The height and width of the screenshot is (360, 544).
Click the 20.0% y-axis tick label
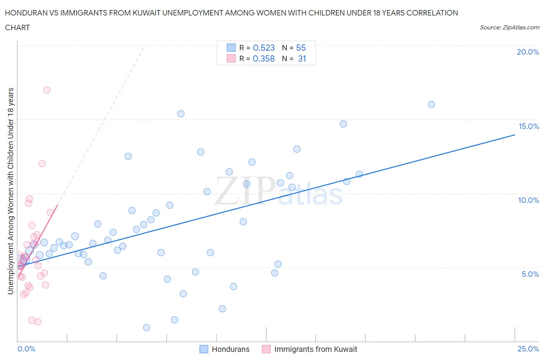528,52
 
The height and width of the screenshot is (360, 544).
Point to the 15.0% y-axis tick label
529,126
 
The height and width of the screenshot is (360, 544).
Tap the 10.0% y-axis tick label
529,200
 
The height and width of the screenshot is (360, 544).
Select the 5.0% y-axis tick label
530,274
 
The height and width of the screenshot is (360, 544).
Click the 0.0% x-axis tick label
26,349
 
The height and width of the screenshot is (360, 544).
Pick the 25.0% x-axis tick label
528,349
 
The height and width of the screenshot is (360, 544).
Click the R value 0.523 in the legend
263,48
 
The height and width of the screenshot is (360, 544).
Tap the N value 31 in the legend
302,58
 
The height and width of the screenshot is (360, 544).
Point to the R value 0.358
263,58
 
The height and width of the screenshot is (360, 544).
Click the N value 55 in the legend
301,48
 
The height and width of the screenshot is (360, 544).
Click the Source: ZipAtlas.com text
509,27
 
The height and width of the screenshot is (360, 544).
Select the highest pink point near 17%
47,90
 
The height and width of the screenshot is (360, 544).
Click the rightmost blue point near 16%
431,105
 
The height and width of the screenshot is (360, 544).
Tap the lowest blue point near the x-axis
146,327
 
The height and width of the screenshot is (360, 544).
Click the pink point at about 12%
42,163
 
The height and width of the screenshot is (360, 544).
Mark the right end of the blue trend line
515,135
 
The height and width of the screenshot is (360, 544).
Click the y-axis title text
10,191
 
